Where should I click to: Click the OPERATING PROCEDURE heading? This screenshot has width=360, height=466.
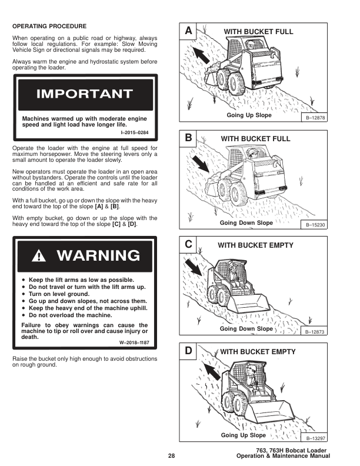[x=49, y=26]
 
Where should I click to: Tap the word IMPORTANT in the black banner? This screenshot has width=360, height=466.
[x=84, y=94]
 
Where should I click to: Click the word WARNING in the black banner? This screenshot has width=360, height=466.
[x=98, y=255]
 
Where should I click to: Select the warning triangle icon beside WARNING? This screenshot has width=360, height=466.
[x=40, y=255]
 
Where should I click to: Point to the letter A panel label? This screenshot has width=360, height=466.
[x=188, y=30]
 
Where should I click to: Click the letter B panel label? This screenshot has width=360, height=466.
[x=188, y=138]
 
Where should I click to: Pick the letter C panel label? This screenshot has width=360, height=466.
[x=188, y=244]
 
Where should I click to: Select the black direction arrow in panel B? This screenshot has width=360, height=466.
[x=200, y=164]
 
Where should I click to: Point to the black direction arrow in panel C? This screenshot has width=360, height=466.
[x=192, y=268]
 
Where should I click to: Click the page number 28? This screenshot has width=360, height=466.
[x=171, y=455]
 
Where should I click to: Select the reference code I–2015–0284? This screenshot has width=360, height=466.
[x=135, y=132]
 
